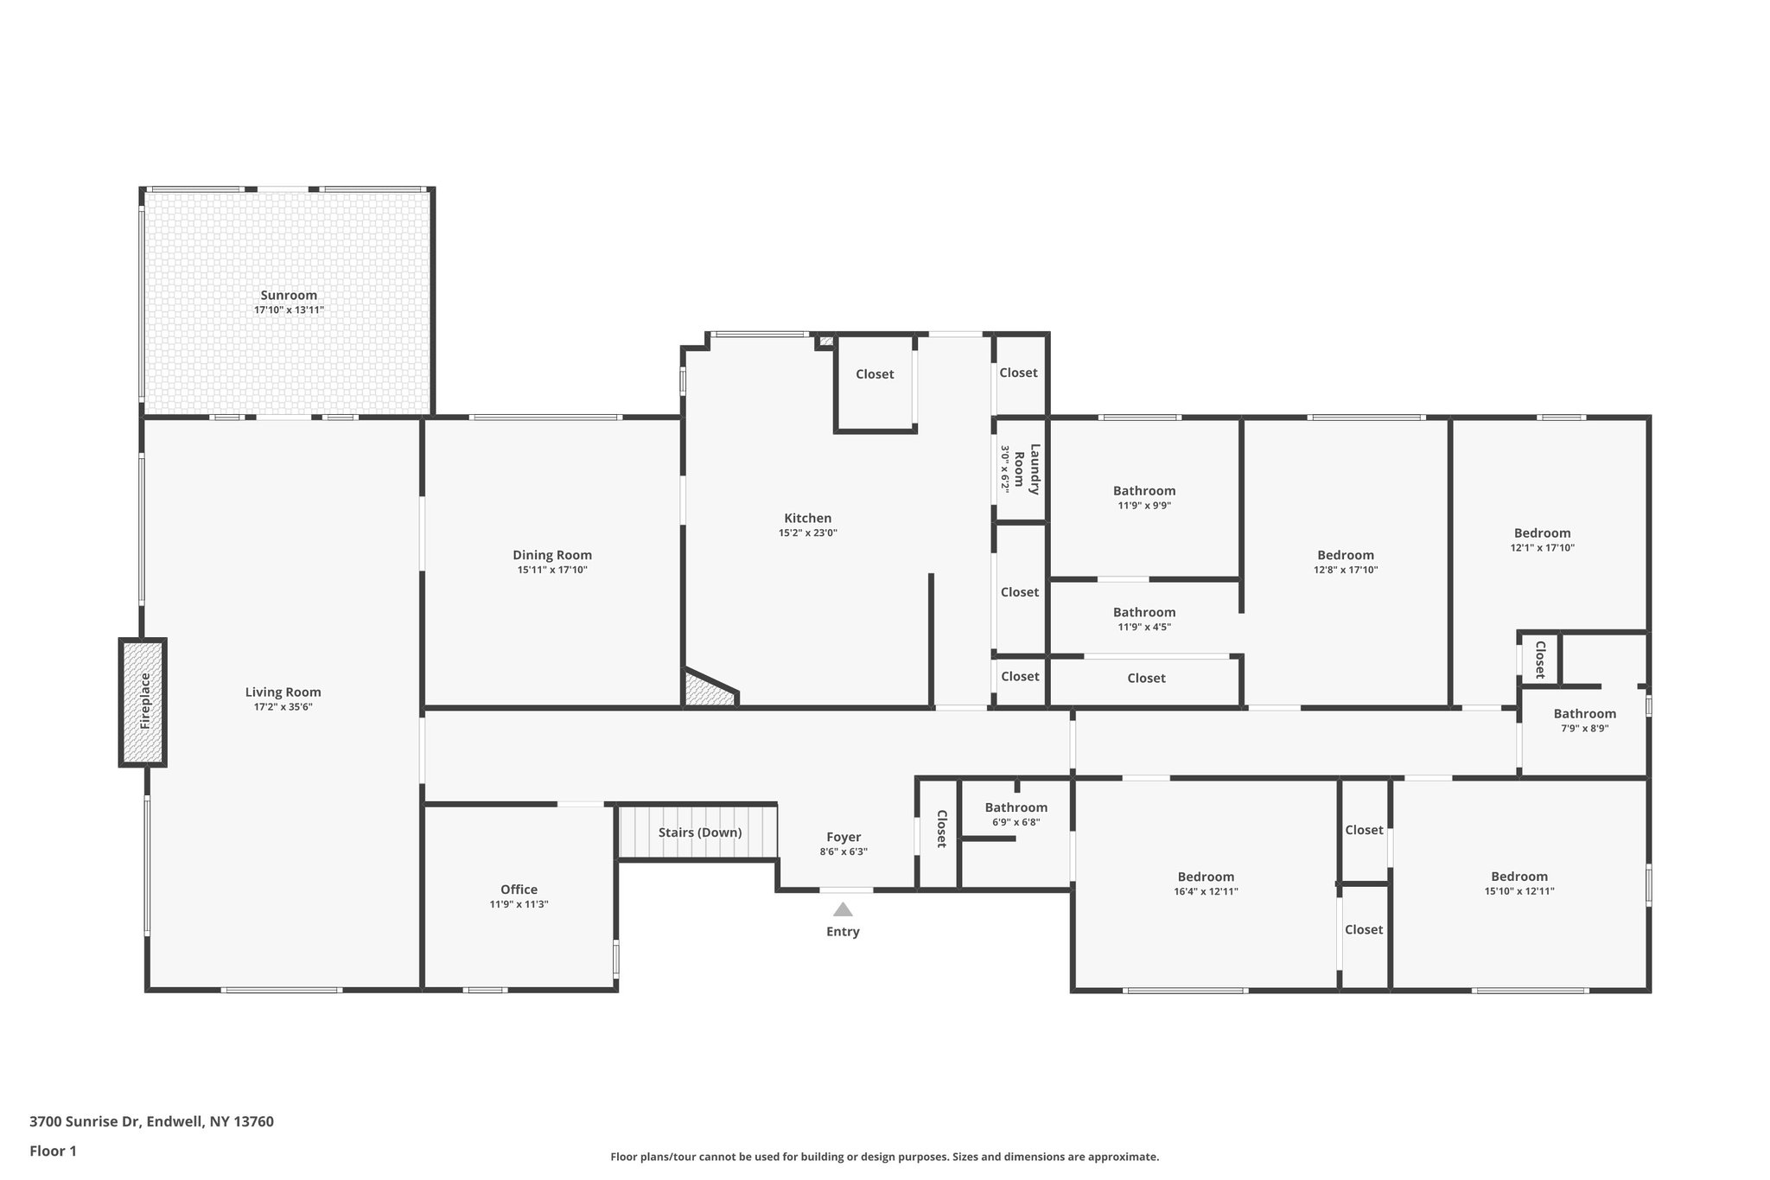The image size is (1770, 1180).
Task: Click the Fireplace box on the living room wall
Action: tap(143, 702)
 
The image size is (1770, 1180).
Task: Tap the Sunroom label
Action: tap(289, 296)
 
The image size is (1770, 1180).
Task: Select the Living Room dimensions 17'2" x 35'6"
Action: tap(283, 707)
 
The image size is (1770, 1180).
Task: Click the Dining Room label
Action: tap(552, 556)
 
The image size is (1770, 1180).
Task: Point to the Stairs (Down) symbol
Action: tap(698, 832)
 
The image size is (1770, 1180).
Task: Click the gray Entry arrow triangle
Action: tap(843, 909)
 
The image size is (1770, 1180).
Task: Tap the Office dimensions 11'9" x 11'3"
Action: tap(519, 904)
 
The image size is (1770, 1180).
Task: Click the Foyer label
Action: tap(844, 837)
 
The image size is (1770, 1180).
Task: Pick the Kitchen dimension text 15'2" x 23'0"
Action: tap(807, 533)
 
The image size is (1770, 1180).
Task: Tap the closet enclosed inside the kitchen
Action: tap(875, 374)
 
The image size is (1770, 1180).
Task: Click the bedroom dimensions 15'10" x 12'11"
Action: tap(1519, 891)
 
